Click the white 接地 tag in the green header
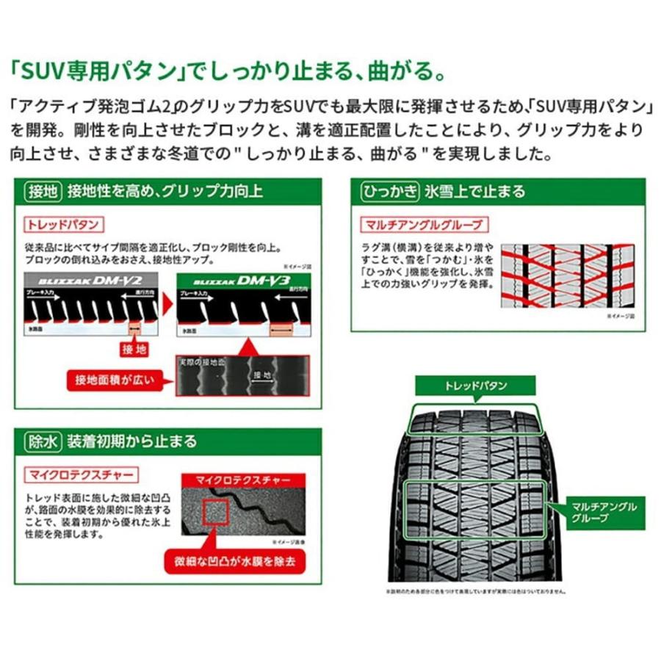coord(43,192)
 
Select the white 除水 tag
coord(43,441)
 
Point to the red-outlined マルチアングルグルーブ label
coord(419,224)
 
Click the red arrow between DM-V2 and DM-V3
coord(168,302)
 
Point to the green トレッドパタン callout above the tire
coord(475,384)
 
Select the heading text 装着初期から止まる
coord(131,441)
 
